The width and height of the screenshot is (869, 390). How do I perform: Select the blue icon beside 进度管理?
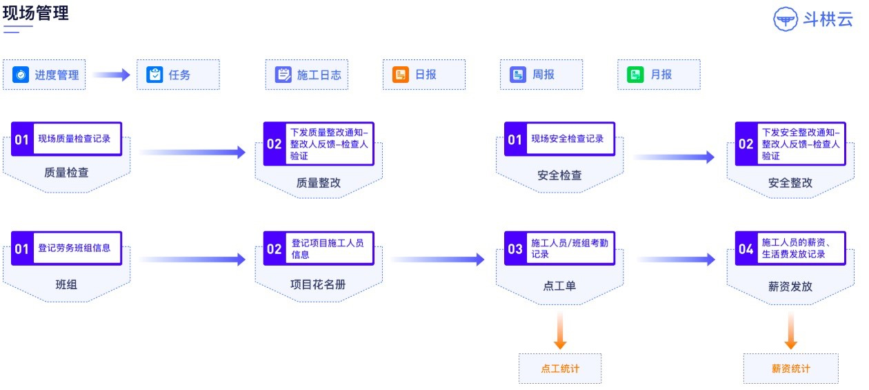[21, 75]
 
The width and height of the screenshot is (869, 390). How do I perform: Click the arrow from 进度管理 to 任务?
[111, 75]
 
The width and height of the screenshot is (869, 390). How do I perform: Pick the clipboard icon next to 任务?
[154, 75]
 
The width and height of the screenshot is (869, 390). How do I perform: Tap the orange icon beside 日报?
[401, 75]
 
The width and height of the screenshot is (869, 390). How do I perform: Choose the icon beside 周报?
[518, 75]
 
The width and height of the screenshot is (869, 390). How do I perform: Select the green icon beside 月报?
[635, 75]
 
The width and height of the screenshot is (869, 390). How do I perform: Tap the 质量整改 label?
[318, 183]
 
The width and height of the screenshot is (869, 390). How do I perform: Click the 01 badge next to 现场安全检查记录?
[515, 140]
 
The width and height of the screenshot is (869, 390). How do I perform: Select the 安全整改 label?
[790, 183]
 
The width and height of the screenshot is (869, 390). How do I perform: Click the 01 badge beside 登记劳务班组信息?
[22, 248]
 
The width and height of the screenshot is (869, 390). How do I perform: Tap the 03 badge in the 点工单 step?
[515, 248]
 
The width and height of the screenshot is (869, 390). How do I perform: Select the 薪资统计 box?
[790, 369]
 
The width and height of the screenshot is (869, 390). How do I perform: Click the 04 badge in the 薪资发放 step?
[746, 248]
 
